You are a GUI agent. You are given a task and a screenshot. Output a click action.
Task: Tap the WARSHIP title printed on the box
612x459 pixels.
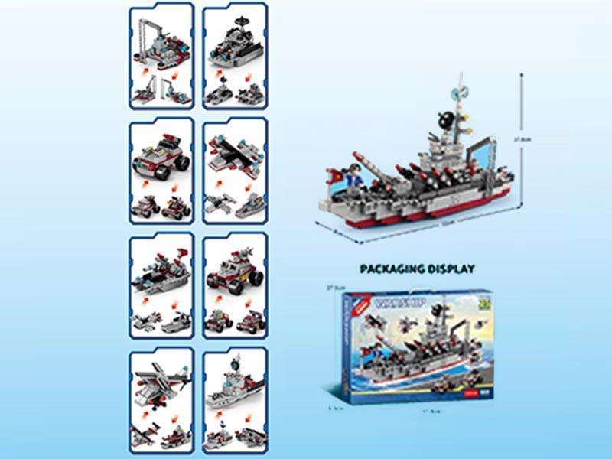(x=392, y=304)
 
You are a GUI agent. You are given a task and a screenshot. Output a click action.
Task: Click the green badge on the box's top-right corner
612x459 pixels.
(x=482, y=301)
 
